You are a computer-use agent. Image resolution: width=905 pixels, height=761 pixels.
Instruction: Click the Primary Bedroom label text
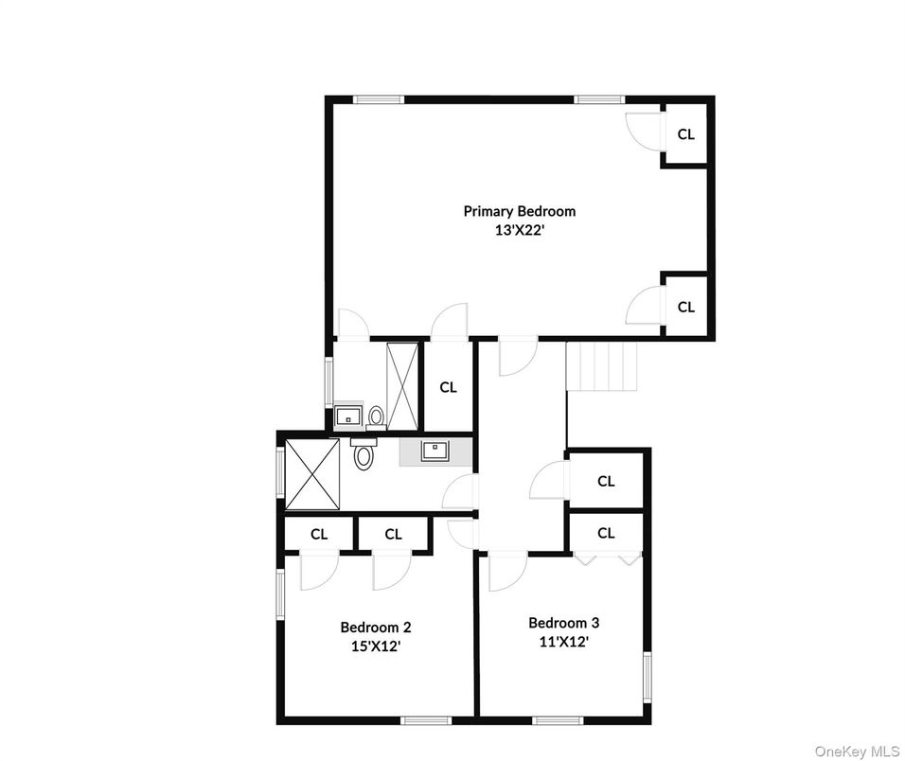[x=519, y=211]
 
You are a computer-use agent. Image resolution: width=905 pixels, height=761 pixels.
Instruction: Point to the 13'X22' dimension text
[x=519, y=229]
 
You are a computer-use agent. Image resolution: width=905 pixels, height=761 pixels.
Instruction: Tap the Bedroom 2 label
[x=376, y=627]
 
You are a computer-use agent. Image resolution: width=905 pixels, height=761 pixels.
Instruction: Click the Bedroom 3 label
[x=563, y=623]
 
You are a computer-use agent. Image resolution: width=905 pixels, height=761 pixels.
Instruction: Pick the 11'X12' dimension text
[x=563, y=642]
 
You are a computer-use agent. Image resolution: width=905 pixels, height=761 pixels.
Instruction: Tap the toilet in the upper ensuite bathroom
[x=376, y=416]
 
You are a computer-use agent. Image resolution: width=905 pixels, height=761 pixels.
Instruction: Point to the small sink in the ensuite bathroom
[x=347, y=416]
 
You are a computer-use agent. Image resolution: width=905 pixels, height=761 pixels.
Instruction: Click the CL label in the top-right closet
[x=685, y=134]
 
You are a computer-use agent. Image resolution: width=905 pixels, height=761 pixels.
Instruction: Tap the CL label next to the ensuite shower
[x=448, y=387]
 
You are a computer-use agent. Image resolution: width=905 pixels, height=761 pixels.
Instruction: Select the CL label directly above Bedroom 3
[x=606, y=533]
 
